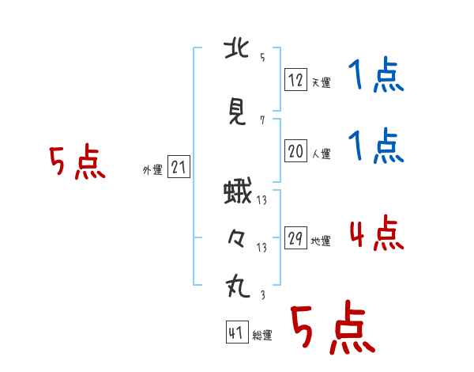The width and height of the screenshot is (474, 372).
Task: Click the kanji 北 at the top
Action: [x=237, y=49]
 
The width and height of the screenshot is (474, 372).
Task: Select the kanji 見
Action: [x=237, y=111]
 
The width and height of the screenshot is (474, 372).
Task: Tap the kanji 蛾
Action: [x=238, y=191]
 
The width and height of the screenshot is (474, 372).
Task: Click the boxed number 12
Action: [x=295, y=80]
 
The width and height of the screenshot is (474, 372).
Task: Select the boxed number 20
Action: [x=295, y=150]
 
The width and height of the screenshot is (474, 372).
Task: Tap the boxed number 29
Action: [x=295, y=237]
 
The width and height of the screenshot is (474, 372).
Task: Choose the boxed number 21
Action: [x=179, y=166]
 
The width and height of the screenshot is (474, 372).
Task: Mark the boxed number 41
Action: [x=237, y=332]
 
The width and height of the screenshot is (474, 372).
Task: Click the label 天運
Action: [x=321, y=82]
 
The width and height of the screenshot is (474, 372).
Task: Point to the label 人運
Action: [x=321, y=154]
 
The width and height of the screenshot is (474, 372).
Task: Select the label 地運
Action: [x=321, y=241]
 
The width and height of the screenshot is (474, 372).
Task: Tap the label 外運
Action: [x=152, y=170]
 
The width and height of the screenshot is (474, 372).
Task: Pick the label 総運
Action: [x=262, y=335]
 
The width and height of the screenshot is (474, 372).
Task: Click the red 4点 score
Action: [x=377, y=233]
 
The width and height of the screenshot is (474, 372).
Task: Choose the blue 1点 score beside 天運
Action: [x=376, y=74]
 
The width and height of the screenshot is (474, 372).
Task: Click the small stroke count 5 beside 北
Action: [x=262, y=57]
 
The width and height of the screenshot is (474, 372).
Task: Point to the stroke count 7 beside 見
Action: [x=262, y=120]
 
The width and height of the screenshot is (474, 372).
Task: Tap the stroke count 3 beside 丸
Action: [x=263, y=294]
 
